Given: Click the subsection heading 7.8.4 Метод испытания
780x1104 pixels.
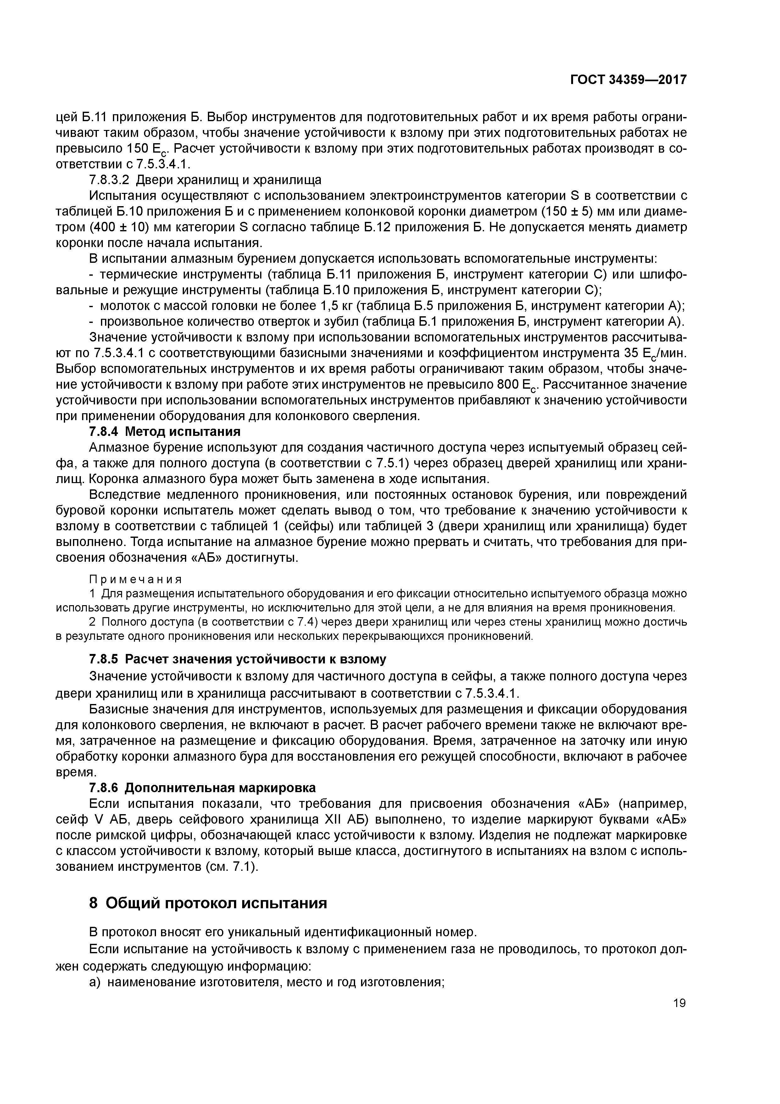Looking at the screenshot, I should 165,431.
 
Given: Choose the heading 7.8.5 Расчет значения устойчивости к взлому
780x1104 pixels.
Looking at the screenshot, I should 238,659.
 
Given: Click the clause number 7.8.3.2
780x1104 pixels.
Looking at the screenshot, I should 109,180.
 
